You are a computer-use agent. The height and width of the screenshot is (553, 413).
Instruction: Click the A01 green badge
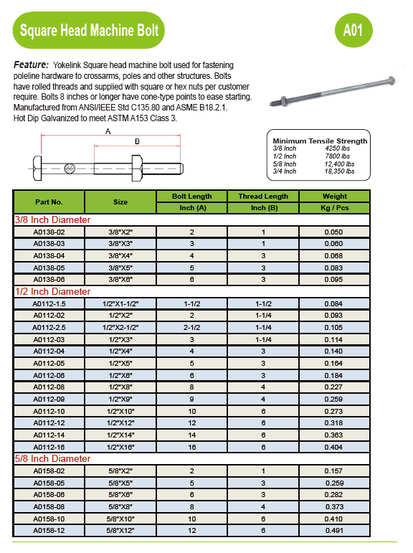click(x=353, y=30)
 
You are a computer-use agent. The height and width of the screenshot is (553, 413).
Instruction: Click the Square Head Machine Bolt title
click(x=90, y=31)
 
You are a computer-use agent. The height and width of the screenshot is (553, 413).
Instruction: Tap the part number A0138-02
click(x=49, y=232)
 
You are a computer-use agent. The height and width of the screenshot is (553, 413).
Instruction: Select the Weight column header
click(x=334, y=196)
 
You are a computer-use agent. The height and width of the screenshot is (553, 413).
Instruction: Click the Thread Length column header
click(x=263, y=196)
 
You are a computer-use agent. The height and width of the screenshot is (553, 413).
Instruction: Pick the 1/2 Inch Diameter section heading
click(x=53, y=292)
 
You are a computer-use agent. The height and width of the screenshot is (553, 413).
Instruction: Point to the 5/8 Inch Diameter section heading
click(x=53, y=458)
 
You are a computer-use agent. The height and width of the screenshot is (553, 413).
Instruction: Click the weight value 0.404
click(x=334, y=446)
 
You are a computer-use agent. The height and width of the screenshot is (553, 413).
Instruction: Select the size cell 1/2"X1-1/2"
click(x=120, y=304)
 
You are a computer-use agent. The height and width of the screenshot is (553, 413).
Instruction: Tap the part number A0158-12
click(x=49, y=531)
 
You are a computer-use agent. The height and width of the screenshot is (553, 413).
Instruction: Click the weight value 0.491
click(x=334, y=531)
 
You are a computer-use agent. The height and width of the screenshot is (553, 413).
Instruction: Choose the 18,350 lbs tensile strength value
click(x=339, y=171)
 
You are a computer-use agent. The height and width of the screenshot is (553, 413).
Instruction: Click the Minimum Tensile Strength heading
click(x=320, y=141)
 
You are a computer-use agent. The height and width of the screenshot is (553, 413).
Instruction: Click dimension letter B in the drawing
click(x=137, y=142)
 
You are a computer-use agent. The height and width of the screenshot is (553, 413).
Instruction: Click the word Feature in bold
click(x=31, y=65)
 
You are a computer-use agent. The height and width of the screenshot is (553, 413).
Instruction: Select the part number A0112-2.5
click(x=49, y=328)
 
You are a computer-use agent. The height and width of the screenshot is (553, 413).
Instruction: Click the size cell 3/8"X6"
click(x=120, y=280)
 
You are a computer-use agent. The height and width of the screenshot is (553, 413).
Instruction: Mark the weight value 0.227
click(x=334, y=387)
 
